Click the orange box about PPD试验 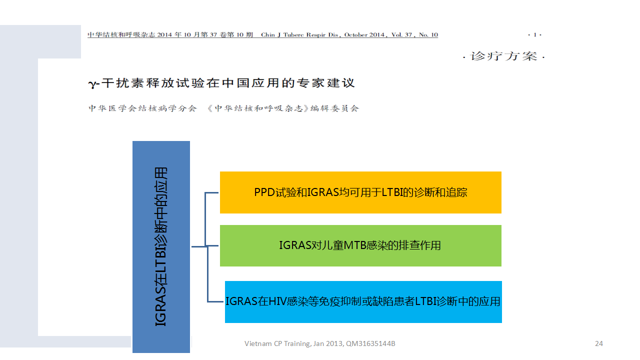pyautogui.click(x=360, y=192)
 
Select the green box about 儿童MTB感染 pyautogui.click(x=360, y=245)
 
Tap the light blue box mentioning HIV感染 pyautogui.click(x=363, y=302)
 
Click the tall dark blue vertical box pyautogui.click(x=161, y=247)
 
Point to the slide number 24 pyautogui.click(x=599, y=343)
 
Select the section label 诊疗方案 pyautogui.click(x=503, y=56)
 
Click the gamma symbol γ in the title pyautogui.click(x=92, y=84)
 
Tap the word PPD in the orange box pyautogui.click(x=264, y=192)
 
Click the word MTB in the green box pyautogui.click(x=355, y=245)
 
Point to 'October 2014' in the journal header pyautogui.click(x=364, y=35)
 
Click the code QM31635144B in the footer pyautogui.click(x=370, y=343)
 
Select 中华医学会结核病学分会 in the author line pyautogui.click(x=142, y=108)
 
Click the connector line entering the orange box pyautogui.click(x=212, y=193)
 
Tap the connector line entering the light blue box pyautogui.click(x=215, y=301)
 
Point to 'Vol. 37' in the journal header pyautogui.click(x=401, y=35)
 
